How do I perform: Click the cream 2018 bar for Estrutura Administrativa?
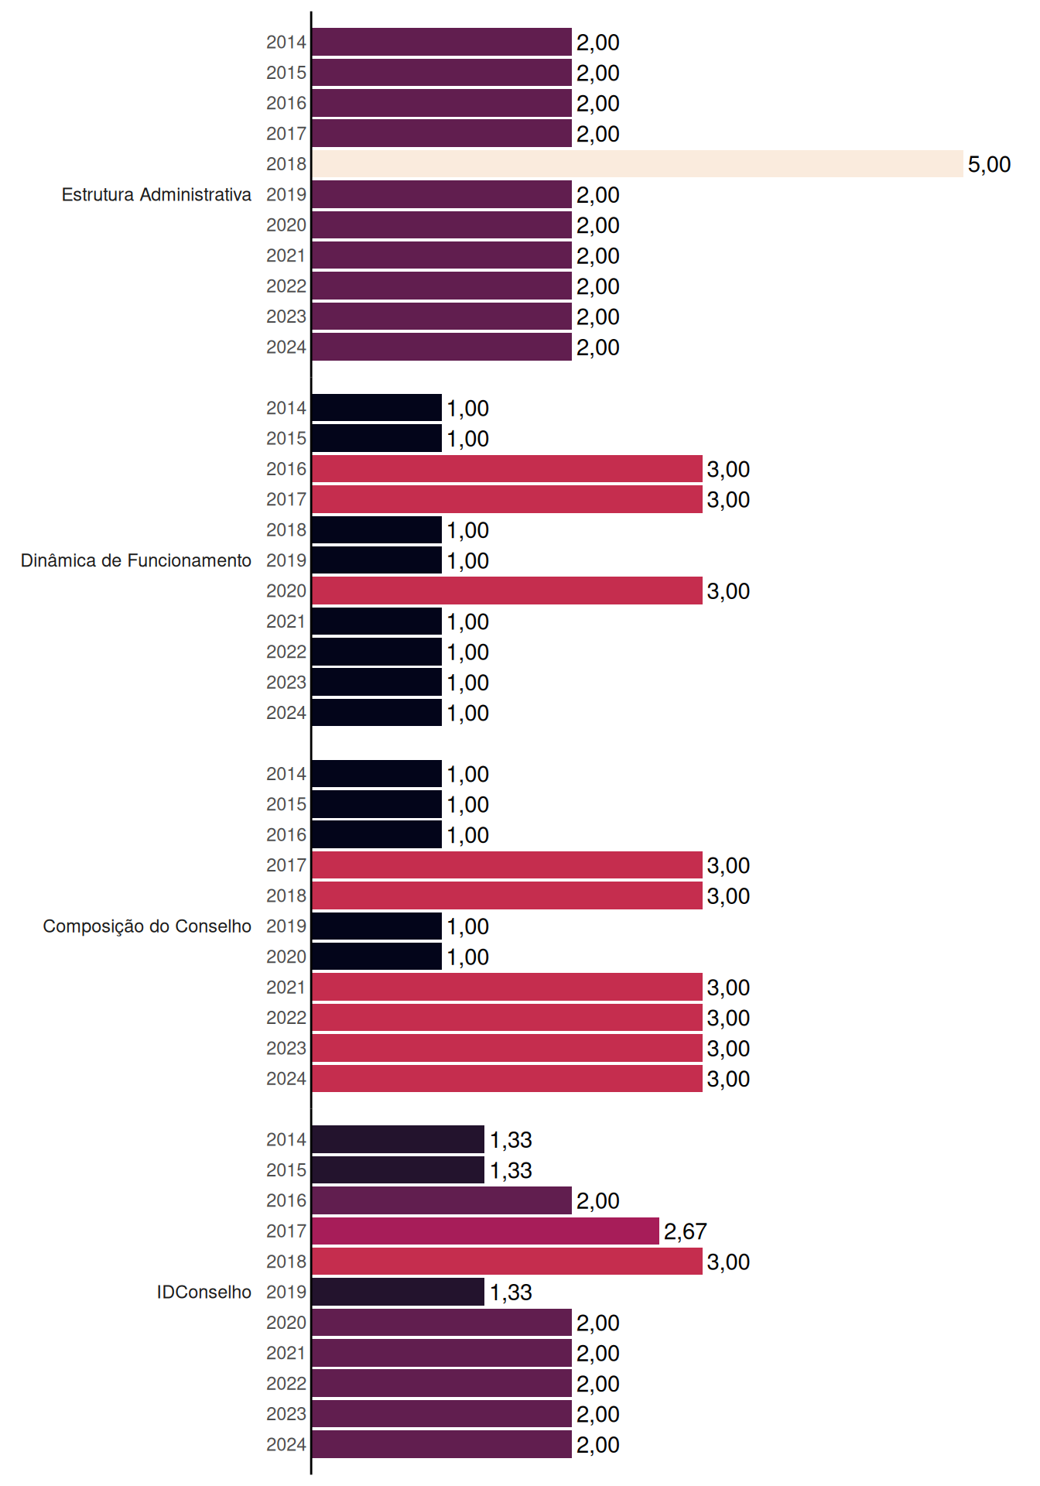(638, 164)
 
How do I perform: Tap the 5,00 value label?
(989, 164)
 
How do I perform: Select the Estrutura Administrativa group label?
(156, 194)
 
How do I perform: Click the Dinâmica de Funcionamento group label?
(136, 560)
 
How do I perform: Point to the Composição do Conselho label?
(147, 926)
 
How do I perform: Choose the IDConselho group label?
(204, 1292)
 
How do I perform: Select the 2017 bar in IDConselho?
(486, 1231)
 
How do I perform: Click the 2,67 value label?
(685, 1231)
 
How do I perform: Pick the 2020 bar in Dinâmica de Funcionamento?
(508, 591)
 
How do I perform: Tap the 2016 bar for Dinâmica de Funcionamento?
(508, 469)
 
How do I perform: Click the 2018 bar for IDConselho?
(508, 1262)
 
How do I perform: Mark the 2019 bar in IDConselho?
(399, 1292)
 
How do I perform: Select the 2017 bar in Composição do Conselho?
(508, 865)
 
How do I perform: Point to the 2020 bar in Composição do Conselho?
(377, 957)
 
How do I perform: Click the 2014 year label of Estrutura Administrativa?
(286, 43)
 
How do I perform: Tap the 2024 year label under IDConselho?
(286, 1444)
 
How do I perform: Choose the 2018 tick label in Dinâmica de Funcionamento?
(286, 530)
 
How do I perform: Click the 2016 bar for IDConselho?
(442, 1200)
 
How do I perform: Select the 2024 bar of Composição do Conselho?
(508, 1078)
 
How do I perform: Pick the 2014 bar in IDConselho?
(399, 1139)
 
